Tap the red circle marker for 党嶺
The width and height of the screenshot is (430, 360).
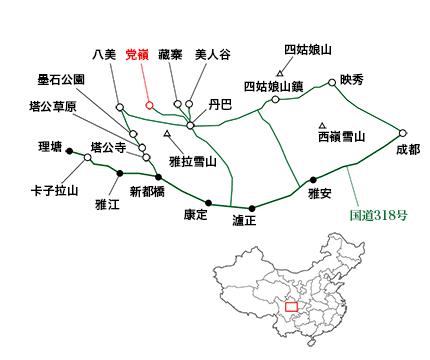[148, 105]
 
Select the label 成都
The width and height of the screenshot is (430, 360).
[408, 150]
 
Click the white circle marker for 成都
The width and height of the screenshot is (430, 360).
[403, 132]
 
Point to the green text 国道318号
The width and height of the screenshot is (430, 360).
[384, 215]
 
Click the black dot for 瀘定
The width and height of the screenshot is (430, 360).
[251, 208]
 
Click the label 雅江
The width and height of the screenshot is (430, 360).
[107, 205]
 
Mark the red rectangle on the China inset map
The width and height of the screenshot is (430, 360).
[292, 306]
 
